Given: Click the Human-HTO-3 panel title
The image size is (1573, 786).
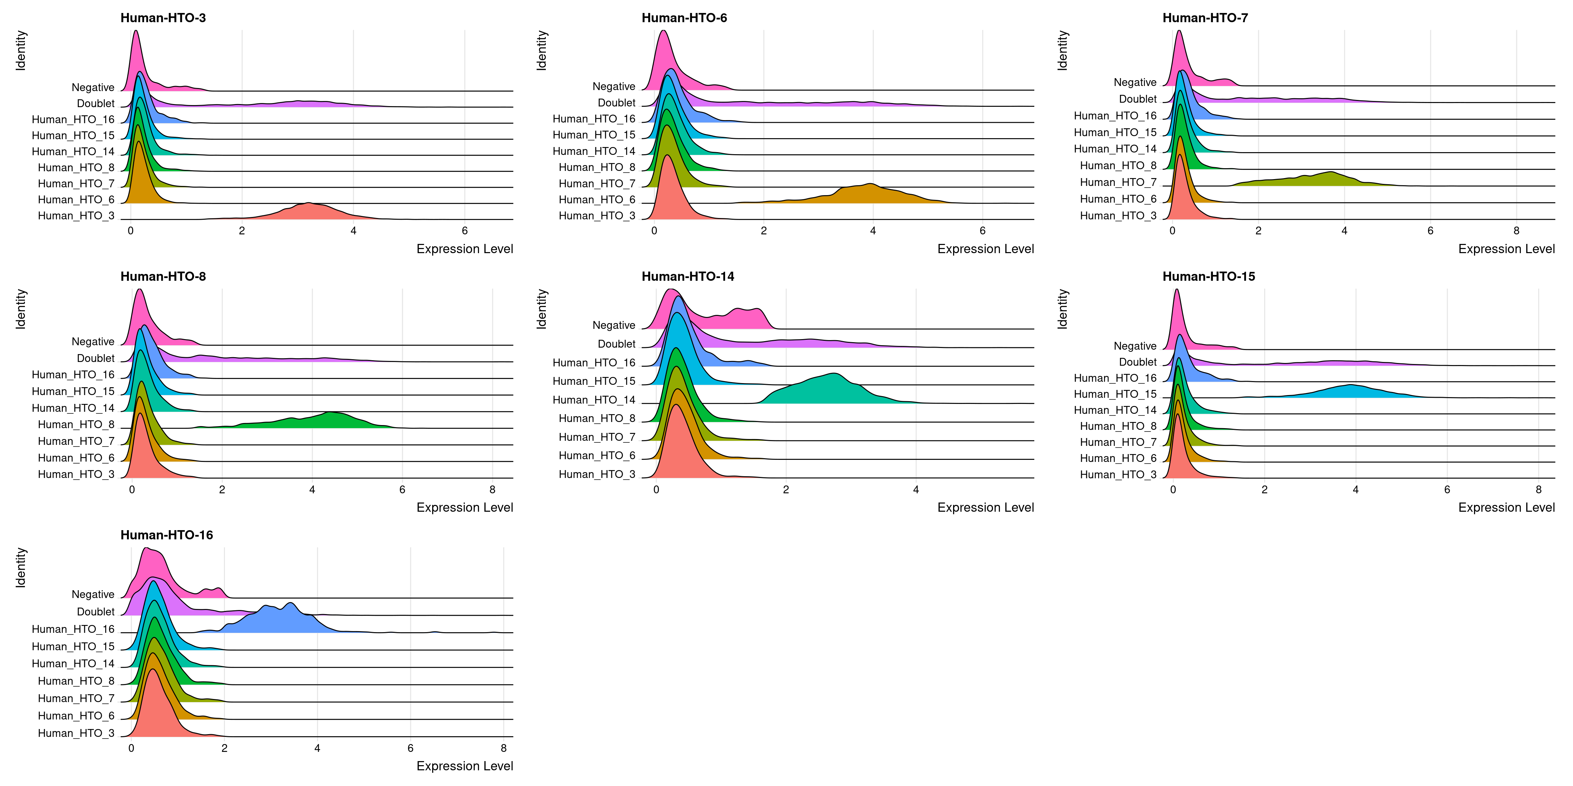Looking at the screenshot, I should (x=163, y=18).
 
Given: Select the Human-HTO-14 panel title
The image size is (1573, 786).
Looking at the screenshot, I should (x=688, y=276).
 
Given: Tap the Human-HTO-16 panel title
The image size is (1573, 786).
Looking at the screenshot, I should (x=167, y=535).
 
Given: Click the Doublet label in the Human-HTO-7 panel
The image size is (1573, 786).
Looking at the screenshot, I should (x=1138, y=99).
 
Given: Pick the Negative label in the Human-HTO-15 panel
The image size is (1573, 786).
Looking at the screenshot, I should (x=1135, y=346).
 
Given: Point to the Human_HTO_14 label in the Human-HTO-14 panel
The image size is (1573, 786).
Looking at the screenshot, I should (x=594, y=400).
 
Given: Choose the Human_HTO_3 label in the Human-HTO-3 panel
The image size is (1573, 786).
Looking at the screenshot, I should (x=76, y=215).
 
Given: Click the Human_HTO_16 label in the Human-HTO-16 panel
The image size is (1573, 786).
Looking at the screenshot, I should (x=73, y=629).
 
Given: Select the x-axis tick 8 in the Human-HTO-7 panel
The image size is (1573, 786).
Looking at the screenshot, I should (x=1516, y=231).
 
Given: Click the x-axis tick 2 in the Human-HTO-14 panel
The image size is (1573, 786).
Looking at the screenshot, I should (x=786, y=490).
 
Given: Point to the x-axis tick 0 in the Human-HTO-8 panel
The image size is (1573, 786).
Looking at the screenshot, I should (x=132, y=490).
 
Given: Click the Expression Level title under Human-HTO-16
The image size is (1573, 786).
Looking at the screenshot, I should (x=465, y=766).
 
